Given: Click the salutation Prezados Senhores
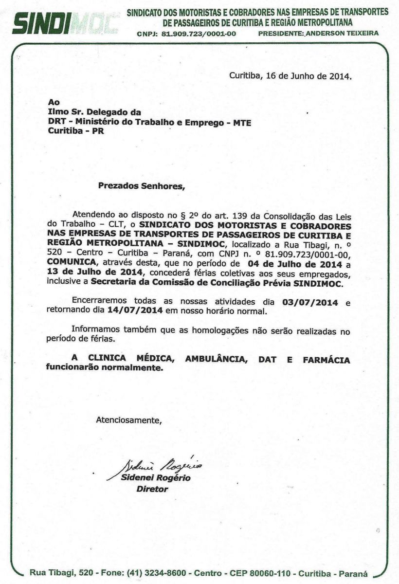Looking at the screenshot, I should (x=142, y=185).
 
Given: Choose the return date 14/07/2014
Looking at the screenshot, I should (x=132, y=310).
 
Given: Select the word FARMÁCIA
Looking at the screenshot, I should (x=327, y=360).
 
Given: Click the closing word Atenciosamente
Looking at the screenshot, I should (x=128, y=419).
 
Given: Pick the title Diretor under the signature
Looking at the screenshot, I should (x=152, y=489).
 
